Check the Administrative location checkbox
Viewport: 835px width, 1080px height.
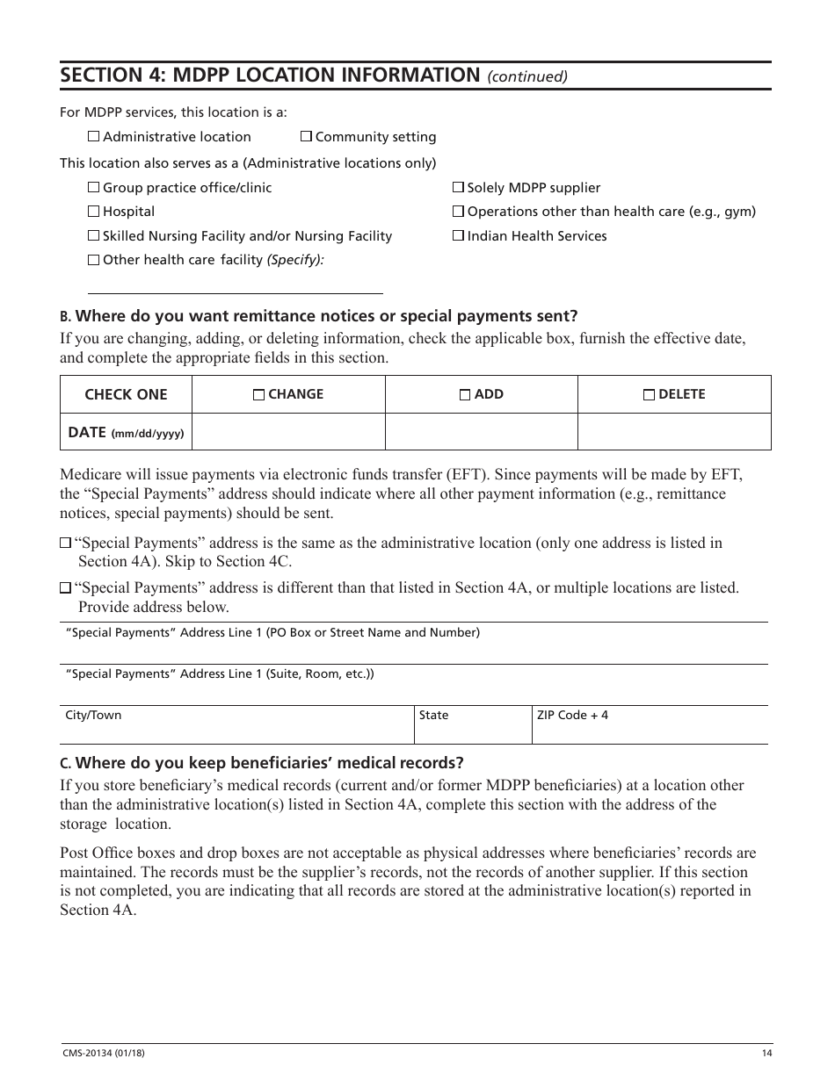point(94,137)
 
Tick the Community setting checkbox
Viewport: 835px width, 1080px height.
point(306,137)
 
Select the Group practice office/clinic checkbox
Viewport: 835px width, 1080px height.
point(94,188)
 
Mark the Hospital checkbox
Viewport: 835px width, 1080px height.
point(94,212)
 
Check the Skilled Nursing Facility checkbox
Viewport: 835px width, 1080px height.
point(94,236)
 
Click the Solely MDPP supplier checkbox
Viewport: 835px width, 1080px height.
point(458,188)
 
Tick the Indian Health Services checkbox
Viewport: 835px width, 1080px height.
point(458,236)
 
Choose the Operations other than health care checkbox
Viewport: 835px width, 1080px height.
point(458,212)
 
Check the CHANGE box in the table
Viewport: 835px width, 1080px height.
point(258,395)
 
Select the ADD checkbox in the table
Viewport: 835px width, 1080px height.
point(465,395)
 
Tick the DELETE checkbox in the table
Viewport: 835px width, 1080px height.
point(650,395)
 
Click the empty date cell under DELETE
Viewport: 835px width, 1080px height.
point(674,432)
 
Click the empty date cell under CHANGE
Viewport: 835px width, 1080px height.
point(288,432)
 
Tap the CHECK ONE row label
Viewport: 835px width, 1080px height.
point(126,395)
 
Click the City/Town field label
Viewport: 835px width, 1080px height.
point(93,716)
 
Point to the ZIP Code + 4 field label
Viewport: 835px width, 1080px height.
point(572,716)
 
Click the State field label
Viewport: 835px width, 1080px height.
point(433,716)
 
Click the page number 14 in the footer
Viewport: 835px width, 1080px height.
point(766,1054)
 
